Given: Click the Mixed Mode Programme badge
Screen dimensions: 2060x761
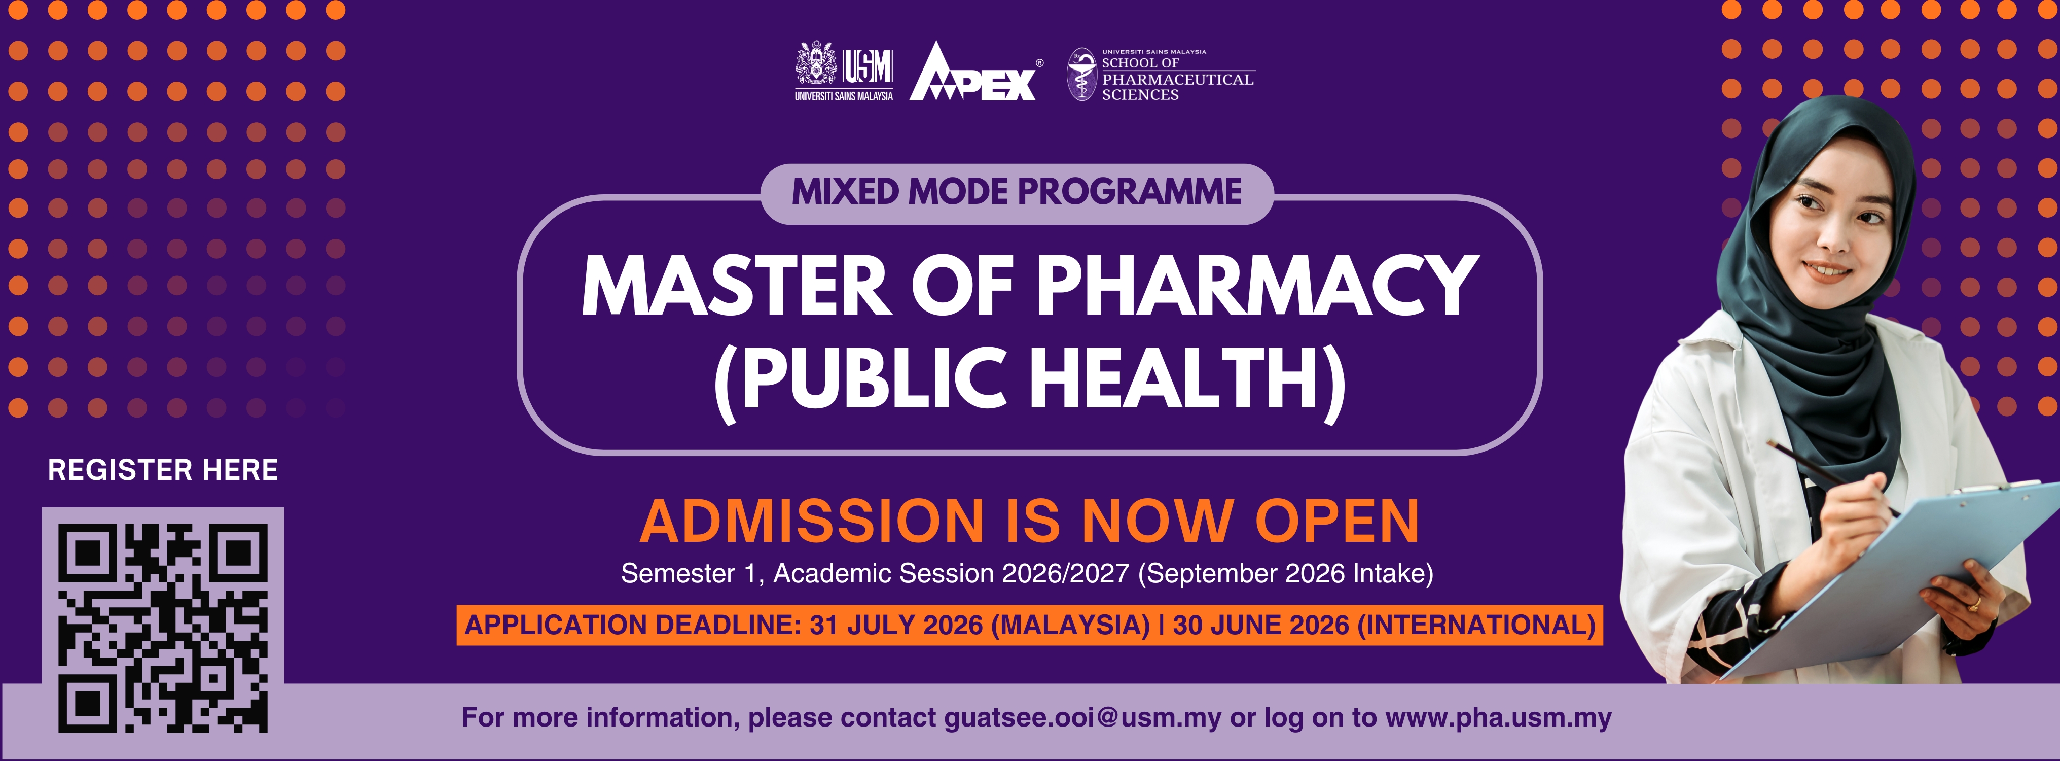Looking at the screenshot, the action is coord(1017,193).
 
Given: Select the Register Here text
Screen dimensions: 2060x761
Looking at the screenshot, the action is coord(163,470).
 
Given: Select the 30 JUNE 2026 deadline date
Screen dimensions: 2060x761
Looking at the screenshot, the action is coord(1261,625).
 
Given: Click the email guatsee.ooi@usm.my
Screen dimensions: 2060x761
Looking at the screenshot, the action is coord(1083,718).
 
